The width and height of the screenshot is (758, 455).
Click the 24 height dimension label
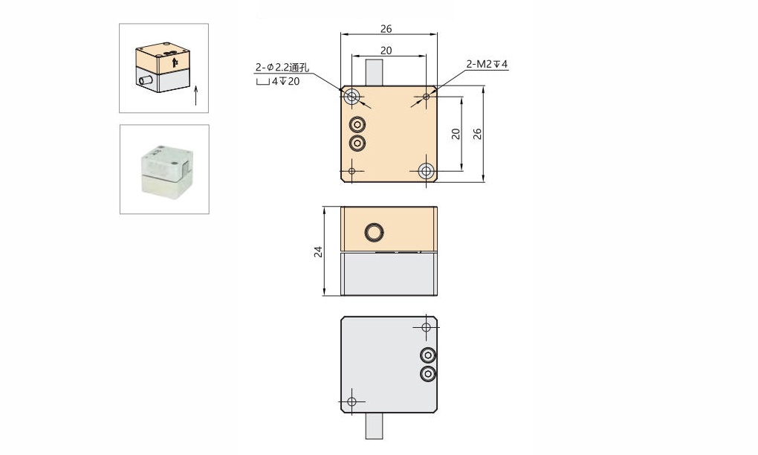[318, 251]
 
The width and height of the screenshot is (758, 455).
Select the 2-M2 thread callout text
[487, 65]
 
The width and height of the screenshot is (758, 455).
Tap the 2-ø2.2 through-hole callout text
[282, 68]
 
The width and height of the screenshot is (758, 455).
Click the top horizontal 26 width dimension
[386, 29]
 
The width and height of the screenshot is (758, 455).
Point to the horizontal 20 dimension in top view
[386, 51]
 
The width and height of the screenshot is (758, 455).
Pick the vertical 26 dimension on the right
[478, 134]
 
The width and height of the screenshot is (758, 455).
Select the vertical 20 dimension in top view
[456, 134]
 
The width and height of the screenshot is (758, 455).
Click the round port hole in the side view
[374, 233]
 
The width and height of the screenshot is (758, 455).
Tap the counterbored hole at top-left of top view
[352, 96]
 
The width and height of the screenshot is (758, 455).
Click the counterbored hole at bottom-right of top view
[426, 171]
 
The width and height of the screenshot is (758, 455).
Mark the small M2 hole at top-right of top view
[426, 97]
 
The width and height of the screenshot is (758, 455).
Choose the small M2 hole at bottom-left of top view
[352, 171]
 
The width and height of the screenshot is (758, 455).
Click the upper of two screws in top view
[357, 123]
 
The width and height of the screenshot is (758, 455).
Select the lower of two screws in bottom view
[427, 374]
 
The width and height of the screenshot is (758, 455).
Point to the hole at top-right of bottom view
[426, 327]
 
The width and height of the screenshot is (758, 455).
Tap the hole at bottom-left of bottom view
[352, 401]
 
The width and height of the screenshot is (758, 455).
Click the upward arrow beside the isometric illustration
[196, 94]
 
